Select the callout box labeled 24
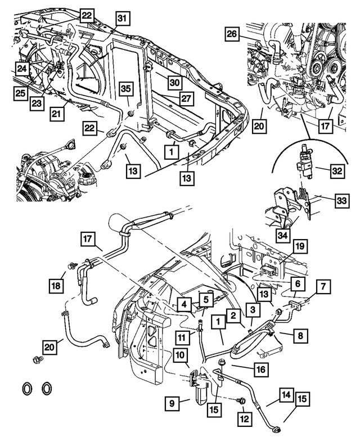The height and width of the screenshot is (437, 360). click(x=21, y=69)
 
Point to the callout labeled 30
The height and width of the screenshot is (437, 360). click(x=175, y=82)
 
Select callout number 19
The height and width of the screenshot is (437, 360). click(x=299, y=246)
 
